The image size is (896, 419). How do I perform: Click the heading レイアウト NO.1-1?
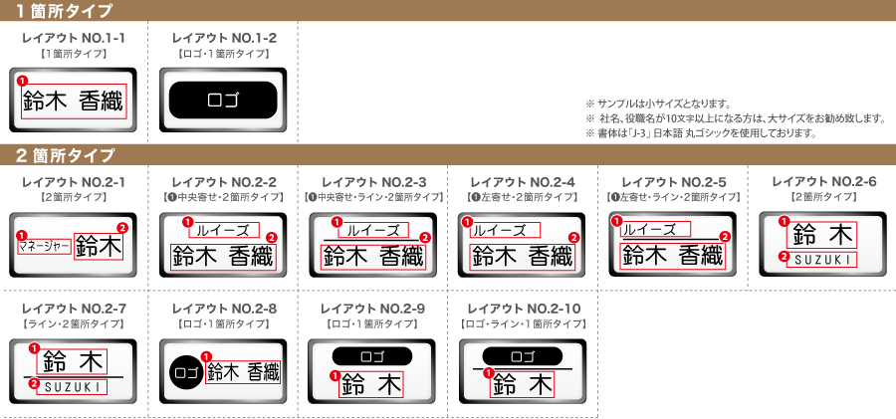(x=73, y=38)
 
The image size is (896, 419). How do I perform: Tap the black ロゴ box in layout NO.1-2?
(x=223, y=101)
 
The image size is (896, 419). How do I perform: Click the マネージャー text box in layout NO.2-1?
(x=45, y=247)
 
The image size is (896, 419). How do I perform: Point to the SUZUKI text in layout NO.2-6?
(x=821, y=260)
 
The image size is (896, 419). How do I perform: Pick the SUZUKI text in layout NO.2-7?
(x=72, y=387)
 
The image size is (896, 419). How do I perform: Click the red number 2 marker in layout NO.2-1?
(x=121, y=228)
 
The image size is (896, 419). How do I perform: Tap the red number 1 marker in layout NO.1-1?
(x=22, y=82)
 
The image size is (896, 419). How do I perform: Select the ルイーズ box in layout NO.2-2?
(x=224, y=230)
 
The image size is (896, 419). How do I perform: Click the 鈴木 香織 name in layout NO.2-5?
(x=672, y=256)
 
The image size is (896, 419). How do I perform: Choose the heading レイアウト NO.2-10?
(x=524, y=310)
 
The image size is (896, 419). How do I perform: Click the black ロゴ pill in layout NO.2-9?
(x=372, y=355)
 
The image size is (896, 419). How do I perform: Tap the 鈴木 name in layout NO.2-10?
(x=522, y=384)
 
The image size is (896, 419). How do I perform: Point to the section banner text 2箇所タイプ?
(x=65, y=154)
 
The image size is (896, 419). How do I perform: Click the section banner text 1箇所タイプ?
(x=64, y=10)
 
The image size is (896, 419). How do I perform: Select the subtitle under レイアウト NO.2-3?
(x=373, y=197)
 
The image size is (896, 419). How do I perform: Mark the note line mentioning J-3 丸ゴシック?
(x=700, y=133)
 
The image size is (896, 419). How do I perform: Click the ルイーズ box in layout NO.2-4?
(x=505, y=230)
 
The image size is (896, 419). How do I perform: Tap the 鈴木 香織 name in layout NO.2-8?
(x=244, y=372)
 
